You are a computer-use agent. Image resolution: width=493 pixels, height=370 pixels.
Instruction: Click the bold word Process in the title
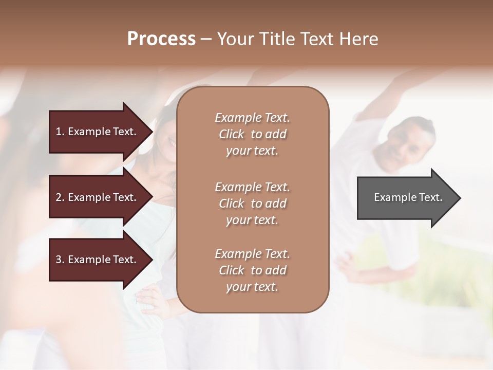coord(161,39)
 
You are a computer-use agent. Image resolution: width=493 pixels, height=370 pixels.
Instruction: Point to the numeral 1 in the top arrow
coord(59,132)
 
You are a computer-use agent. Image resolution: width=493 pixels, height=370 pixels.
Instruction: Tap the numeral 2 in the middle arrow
coord(59,197)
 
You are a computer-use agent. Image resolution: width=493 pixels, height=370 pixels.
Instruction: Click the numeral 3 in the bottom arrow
coord(59,260)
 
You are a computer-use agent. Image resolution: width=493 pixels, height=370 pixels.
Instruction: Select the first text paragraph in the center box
coord(252,134)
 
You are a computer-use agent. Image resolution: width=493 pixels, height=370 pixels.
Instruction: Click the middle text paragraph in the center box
coord(252,203)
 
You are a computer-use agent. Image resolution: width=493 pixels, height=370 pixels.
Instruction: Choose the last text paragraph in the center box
coord(252,270)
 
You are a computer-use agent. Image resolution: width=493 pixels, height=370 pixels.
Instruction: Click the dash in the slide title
coord(206,39)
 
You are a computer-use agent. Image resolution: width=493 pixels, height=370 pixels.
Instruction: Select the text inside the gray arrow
coord(408,197)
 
